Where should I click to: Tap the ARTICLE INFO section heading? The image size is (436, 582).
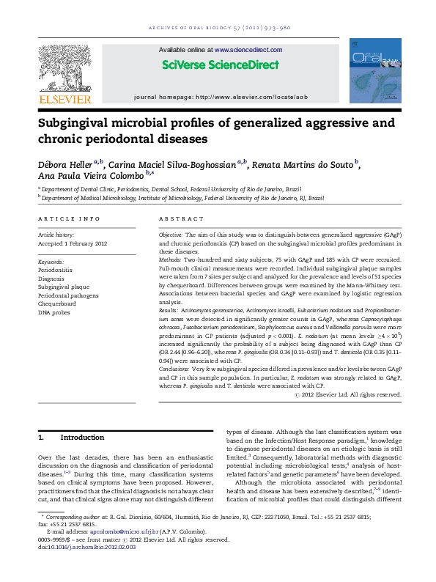pyautogui.click(x=68, y=219)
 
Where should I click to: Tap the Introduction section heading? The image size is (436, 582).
pyautogui.click(x=82, y=438)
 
